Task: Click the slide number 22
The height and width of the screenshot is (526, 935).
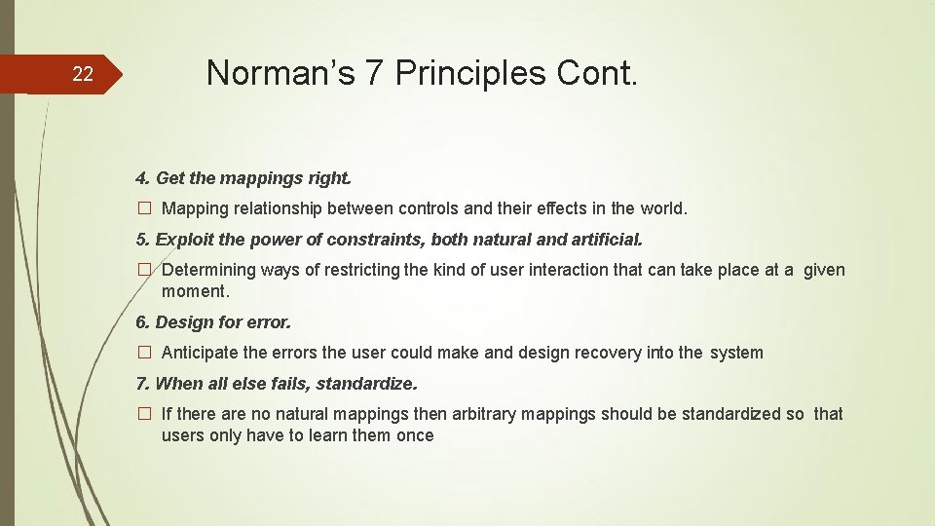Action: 84,74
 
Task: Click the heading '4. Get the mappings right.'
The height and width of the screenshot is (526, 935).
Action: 243,178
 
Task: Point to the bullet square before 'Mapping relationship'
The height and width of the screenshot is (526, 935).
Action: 143,208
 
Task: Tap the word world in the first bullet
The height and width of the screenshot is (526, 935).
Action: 663,208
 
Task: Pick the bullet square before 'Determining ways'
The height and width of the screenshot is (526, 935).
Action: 143,270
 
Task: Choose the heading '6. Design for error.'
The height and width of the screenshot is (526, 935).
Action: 213,321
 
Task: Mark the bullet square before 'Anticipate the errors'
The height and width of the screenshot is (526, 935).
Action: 143,353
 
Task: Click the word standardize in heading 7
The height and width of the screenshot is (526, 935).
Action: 365,383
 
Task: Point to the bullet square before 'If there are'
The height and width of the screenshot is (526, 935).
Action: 143,414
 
